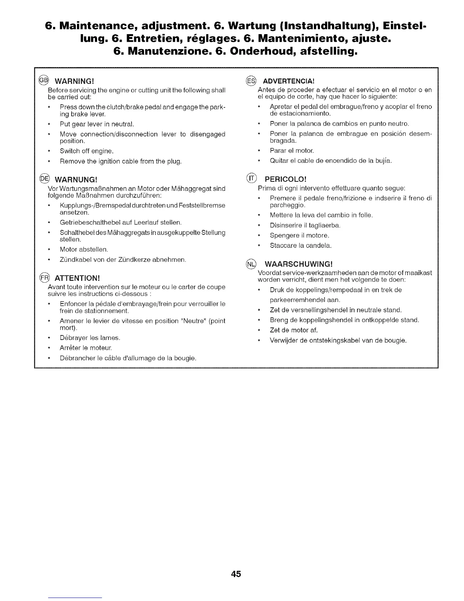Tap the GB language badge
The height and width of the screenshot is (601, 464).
coord(44,80)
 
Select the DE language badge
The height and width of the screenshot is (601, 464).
coord(44,178)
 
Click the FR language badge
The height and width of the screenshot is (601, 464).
coord(44,277)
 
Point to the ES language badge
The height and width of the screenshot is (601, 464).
coord(251,80)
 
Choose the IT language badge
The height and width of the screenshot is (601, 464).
coord(251,178)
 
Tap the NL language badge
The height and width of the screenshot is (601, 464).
coord(251,264)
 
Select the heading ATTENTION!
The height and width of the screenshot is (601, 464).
coord(77,278)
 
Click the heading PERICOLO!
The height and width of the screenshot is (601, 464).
coord(285,179)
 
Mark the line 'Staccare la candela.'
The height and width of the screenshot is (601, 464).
coord(301,245)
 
